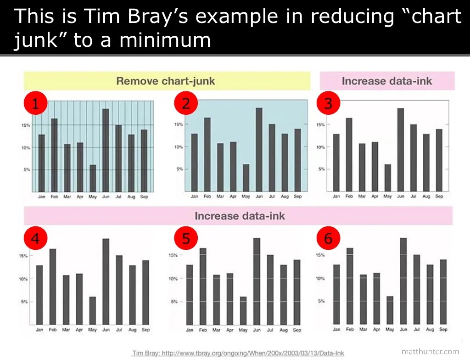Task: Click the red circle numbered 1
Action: click(x=35, y=104)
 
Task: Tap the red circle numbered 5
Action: click(x=186, y=238)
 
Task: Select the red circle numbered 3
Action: click(x=328, y=104)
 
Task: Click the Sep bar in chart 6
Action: click(x=443, y=291)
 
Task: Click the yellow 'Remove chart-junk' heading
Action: click(x=166, y=81)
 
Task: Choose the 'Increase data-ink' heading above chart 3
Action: click(x=387, y=81)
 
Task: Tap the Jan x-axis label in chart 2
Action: click(x=195, y=197)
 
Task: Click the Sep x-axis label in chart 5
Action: click(x=297, y=330)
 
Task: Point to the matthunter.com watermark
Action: click(x=430, y=351)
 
